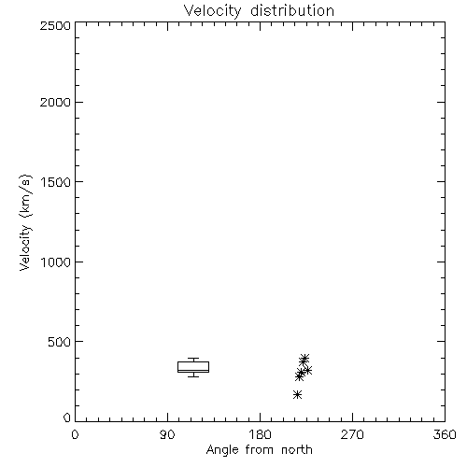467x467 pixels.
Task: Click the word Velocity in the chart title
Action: [x=212, y=11]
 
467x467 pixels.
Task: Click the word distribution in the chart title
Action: [x=292, y=10]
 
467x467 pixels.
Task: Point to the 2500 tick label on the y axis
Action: [x=55, y=25]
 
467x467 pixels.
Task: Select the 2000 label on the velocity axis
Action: [x=55, y=102]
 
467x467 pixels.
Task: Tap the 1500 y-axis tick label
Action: [x=56, y=182]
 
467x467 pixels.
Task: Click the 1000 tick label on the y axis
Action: [x=56, y=262]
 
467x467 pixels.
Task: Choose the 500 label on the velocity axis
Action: [x=60, y=342]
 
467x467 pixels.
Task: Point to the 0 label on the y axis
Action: [x=67, y=417]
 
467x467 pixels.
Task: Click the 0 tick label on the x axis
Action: [x=75, y=434]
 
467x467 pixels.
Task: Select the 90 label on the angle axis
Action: [x=167, y=434]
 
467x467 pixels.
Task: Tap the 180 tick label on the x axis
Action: [x=260, y=434]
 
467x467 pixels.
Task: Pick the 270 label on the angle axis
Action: [x=352, y=434]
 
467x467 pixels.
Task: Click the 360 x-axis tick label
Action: [x=445, y=434]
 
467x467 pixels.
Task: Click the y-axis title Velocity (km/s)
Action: [x=25, y=222]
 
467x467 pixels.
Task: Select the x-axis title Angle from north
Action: [x=260, y=450]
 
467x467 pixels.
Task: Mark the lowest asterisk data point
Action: [x=297, y=395]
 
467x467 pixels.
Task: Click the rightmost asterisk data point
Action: [x=307, y=370]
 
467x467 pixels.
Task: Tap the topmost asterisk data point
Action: [x=304, y=358]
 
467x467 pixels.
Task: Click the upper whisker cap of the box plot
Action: [x=193, y=359]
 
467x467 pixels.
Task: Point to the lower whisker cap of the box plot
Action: [x=193, y=376]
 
